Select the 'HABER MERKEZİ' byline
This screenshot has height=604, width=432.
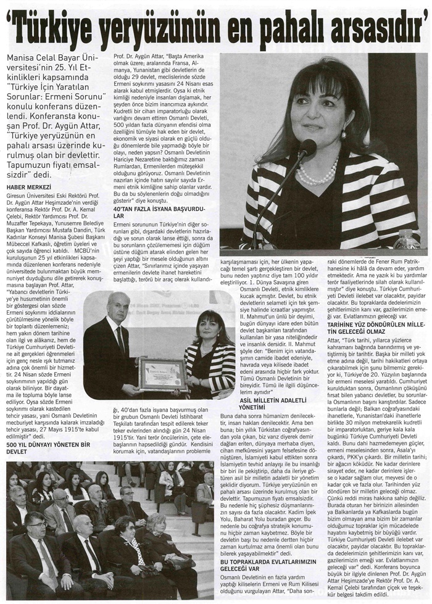click(x=28, y=186)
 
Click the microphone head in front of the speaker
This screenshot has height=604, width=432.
click(x=307, y=149)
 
